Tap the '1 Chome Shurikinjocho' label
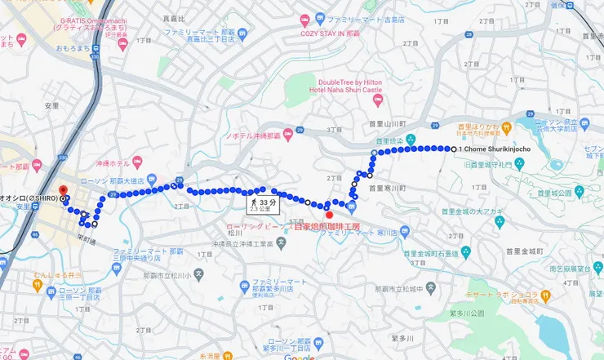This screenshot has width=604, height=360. (x=495, y=149)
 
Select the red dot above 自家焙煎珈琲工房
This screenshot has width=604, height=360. (x=330, y=215)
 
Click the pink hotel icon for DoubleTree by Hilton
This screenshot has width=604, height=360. (x=377, y=100)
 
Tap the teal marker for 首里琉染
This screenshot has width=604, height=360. (x=411, y=140)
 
